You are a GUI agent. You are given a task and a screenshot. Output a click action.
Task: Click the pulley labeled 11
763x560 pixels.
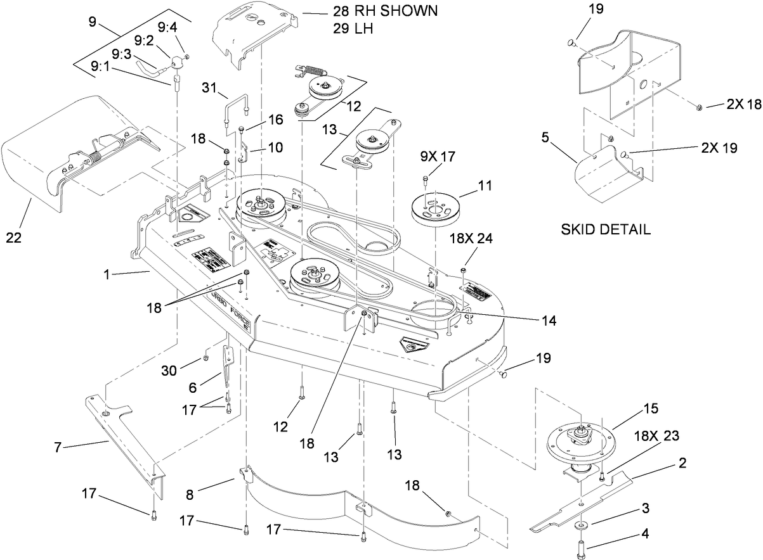pos(434,209)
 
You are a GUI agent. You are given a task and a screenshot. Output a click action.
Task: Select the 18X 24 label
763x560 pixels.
pos(471,239)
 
